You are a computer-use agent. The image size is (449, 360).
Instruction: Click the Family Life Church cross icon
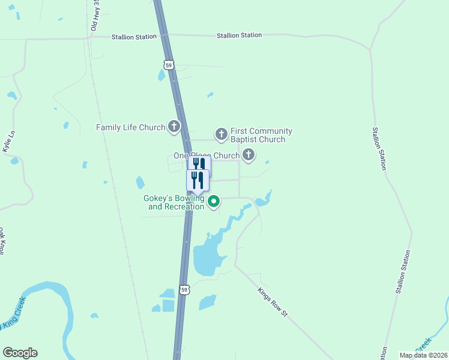[174, 127]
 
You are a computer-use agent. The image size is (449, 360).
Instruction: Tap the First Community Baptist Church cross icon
[221, 134]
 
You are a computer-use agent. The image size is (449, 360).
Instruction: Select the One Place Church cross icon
[248, 156]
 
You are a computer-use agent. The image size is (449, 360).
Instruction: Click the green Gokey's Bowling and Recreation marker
[214, 202]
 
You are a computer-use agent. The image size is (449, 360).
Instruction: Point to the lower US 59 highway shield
[185, 290]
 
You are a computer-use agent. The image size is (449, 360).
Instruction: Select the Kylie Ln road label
[9, 145]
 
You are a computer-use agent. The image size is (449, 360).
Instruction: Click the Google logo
[20, 353]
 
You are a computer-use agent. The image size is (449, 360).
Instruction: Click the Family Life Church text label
[131, 127]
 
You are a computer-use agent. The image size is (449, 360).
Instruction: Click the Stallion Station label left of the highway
[134, 37]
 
